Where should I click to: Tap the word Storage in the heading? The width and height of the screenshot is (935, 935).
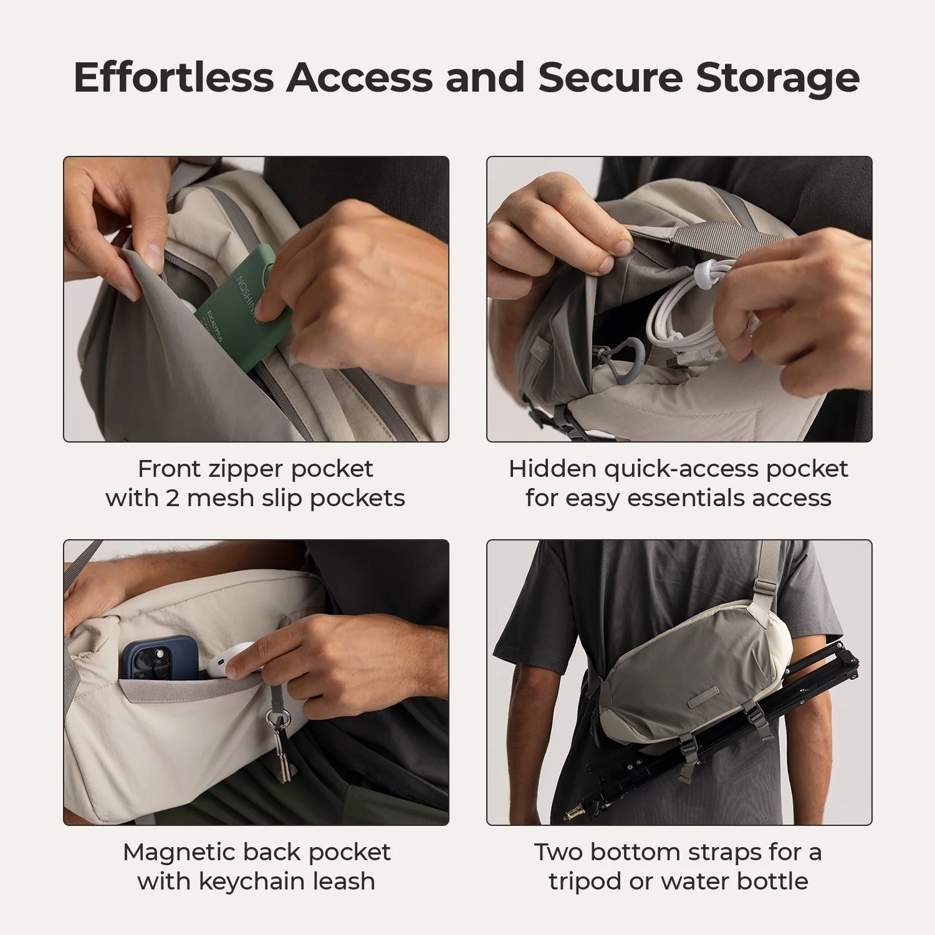(x=777, y=79)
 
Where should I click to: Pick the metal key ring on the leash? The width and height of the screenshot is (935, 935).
(x=278, y=719)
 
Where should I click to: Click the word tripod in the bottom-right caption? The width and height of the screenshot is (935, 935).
(x=585, y=881)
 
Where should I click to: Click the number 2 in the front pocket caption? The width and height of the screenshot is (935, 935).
(x=172, y=499)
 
